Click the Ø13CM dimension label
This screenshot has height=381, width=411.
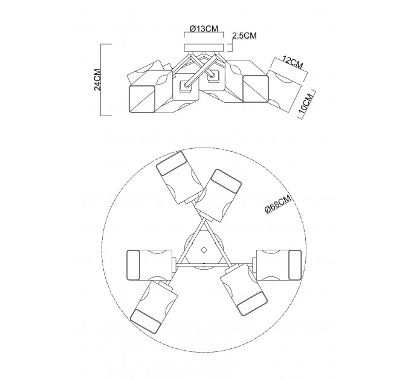(x=204, y=28)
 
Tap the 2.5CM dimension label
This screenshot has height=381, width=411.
(x=244, y=36)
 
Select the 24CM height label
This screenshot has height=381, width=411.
(x=97, y=79)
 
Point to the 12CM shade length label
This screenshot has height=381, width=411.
(x=293, y=63)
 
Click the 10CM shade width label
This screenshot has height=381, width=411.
(x=306, y=103)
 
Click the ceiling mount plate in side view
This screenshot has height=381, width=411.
(x=204, y=48)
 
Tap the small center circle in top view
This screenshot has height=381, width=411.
(x=204, y=249)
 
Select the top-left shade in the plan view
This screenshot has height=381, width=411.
(x=180, y=178)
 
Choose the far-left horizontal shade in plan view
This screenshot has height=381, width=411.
(x=150, y=265)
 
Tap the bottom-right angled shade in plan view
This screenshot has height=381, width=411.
(x=244, y=289)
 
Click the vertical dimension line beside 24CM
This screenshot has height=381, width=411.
(x=101, y=80)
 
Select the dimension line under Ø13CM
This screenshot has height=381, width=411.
(x=204, y=33)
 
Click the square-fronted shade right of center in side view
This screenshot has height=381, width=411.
(x=256, y=89)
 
